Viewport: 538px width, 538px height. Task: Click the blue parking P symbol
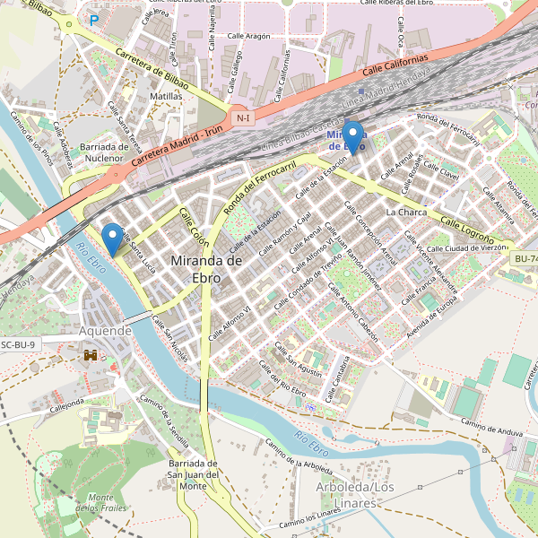coord(94,19)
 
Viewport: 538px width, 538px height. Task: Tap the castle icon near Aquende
coord(91,356)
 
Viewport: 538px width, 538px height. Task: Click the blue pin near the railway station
coord(354,137)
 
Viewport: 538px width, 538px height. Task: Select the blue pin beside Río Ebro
coord(112,238)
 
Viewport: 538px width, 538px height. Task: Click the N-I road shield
coord(241,117)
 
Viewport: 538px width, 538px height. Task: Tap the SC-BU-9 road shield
coord(19,344)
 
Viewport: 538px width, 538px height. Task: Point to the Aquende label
coord(106,331)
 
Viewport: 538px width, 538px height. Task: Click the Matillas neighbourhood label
coord(167,96)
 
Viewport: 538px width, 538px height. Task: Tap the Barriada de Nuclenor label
coord(105,152)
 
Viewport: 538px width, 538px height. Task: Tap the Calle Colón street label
coord(194,228)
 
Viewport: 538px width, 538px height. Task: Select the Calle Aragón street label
coord(249,36)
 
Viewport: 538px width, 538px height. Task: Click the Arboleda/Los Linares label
coord(355,494)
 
